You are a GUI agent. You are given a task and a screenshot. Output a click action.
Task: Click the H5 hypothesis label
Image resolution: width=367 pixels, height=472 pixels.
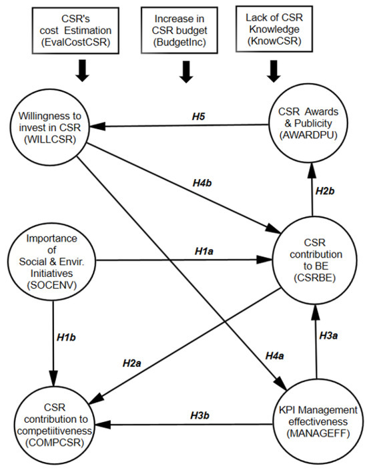pos(198,117)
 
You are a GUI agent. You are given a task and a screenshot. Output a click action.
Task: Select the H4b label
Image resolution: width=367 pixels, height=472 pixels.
pos(202,182)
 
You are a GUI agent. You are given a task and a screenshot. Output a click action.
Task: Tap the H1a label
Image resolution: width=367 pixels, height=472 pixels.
pos(204,251)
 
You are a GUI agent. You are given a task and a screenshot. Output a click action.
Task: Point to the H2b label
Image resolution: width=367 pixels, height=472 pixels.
pos(325,191)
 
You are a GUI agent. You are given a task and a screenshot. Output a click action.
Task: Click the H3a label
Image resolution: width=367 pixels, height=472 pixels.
pos(328,336)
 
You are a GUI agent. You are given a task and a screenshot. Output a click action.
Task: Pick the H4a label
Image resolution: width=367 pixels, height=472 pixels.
pos(275,355)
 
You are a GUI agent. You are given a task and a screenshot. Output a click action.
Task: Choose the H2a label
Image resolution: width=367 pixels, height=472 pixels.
pos(132,363)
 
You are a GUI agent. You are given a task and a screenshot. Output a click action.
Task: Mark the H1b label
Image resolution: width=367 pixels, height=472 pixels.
pos(66,338)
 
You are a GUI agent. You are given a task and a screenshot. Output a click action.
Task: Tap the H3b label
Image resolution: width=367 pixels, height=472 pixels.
pos(200,415)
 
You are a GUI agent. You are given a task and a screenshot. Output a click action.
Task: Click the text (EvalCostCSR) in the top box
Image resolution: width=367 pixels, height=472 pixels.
pos(75,42)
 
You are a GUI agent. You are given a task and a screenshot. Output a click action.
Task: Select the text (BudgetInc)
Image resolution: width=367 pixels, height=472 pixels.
pos(179,42)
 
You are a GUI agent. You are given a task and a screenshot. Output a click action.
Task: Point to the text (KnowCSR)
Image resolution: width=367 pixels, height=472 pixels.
pos(274,41)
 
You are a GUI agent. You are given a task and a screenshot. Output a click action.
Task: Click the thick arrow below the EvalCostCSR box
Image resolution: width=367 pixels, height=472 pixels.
pos(82,71)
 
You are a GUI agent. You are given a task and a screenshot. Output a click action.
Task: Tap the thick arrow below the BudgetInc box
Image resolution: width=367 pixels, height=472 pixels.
pos(186,72)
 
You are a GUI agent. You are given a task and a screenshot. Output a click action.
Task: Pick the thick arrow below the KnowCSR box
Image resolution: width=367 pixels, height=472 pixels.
pos(274,71)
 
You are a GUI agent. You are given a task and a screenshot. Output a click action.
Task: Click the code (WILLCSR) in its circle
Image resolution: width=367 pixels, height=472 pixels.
pos(50,139)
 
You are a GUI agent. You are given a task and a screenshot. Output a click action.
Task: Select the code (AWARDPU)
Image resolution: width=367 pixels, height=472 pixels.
pos(308,135)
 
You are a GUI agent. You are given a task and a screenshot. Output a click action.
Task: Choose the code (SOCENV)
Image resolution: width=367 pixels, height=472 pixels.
pos(51,285)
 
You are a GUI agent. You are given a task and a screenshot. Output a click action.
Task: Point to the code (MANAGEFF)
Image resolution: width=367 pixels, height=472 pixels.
pos(318,433)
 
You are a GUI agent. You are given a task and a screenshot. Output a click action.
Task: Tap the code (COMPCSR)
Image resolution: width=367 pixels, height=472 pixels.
pos(55,443)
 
